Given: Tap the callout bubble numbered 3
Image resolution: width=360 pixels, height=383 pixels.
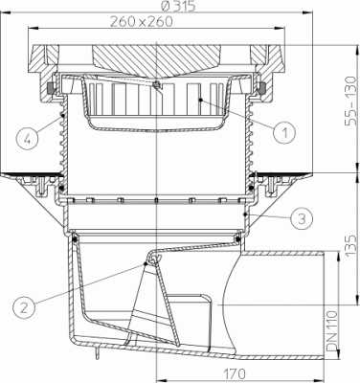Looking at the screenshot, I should pyautogui.click(x=302, y=219).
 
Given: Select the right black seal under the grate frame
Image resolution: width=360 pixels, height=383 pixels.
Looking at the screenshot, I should pyautogui.click(x=260, y=91).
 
